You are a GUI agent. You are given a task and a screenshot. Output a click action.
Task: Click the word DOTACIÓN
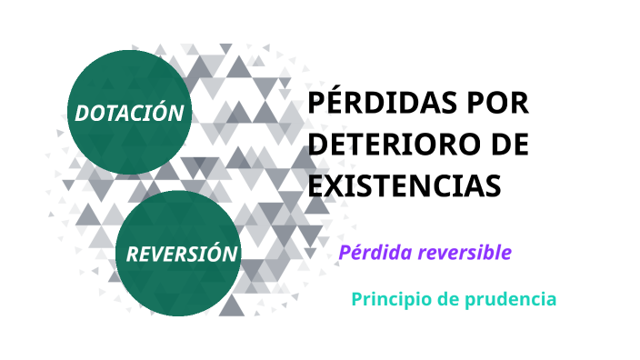tap(131, 113)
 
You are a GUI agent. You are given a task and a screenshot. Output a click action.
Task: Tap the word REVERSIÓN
tap(181, 254)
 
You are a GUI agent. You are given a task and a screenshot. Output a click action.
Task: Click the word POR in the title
tap(498, 104)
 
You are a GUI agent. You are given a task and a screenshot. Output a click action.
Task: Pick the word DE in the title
tap(507, 145)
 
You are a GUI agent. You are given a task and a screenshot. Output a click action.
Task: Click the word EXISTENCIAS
tap(405, 185)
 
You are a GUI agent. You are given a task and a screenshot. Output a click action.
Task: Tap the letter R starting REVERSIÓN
tap(132, 255)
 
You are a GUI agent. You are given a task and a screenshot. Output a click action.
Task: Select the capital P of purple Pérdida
tap(345, 252)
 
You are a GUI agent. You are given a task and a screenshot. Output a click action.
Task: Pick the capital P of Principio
tap(357, 299)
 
